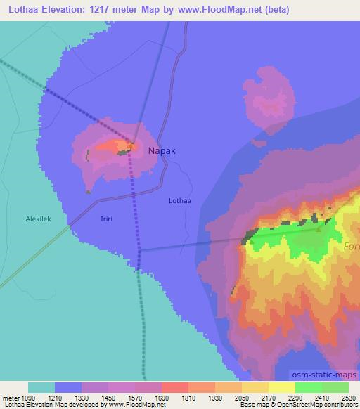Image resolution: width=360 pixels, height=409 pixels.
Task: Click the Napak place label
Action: tap(162, 150)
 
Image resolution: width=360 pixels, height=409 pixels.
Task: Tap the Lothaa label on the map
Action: tap(180, 200)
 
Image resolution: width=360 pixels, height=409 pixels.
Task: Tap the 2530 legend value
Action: tap(348, 398)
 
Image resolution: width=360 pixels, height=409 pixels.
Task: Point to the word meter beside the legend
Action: tap(11, 398)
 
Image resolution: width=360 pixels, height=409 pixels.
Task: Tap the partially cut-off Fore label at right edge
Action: tap(352, 247)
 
